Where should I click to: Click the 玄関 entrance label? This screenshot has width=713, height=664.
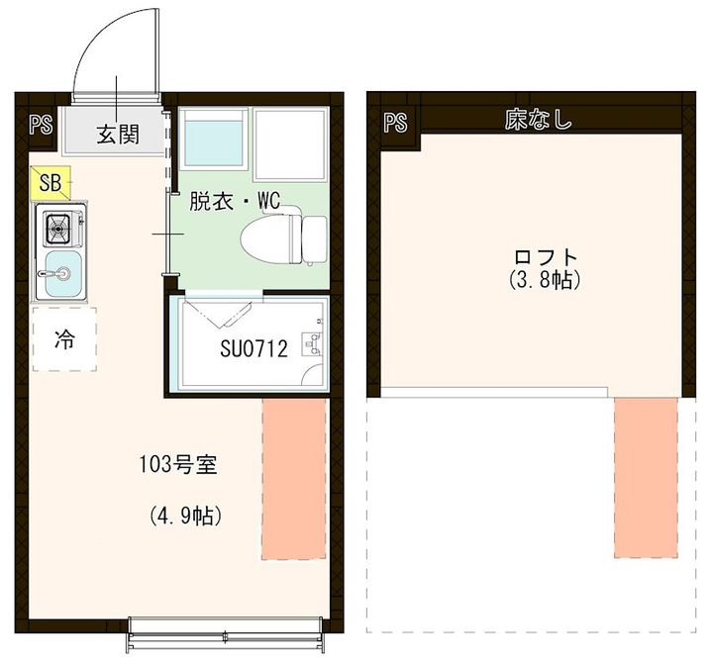pyautogui.click(x=118, y=134)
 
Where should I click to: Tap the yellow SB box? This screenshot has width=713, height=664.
pyautogui.click(x=51, y=183)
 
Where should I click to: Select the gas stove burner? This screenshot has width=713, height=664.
pyautogui.click(x=57, y=229)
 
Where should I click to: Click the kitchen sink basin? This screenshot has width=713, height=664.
pyautogui.click(x=63, y=273)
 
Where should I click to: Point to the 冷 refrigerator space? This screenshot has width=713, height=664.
pyautogui.click(x=64, y=339)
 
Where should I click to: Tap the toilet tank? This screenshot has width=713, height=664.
pyautogui.click(x=315, y=239)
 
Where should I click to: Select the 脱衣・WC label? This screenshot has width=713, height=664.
pyautogui.click(x=235, y=201)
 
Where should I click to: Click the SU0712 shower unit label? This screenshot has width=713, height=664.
pyautogui.click(x=254, y=349)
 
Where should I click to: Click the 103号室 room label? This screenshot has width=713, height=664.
pyautogui.click(x=178, y=465)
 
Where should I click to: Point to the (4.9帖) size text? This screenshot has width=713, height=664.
pyautogui.click(x=185, y=516)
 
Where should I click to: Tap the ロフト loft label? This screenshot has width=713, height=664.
pyautogui.click(x=546, y=257)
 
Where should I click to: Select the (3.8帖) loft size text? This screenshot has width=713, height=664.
pyautogui.click(x=545, y=279)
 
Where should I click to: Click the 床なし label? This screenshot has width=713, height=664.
pyautogui.click(x=538, y=120)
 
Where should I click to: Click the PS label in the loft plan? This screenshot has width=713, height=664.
pyautogui.click(x=395, y=122)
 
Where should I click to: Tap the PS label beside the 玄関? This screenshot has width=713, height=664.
pyautogui.click(x=41, y=124)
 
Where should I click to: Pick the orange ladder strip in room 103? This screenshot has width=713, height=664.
pyautogui.click(x=294, y=479)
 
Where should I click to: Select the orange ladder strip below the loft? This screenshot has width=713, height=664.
pyautogui.click(x=646, y=477)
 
